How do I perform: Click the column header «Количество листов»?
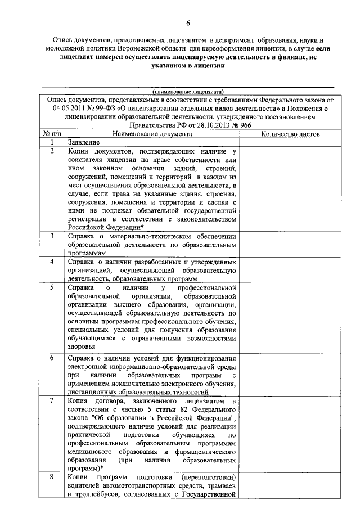(x=290, y=134)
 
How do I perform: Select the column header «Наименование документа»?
(x=152, y=134)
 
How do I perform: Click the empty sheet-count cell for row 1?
(x=290, y=143)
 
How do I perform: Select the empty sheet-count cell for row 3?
(x=290, y=245)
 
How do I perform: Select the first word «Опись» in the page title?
(x=63, y=40)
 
